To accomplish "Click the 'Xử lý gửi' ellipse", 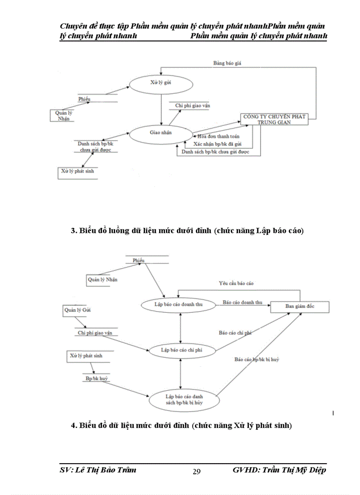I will click(161, 83).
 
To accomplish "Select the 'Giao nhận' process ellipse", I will click(161, 132).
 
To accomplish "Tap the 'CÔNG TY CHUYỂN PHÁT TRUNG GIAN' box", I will click(273, 119).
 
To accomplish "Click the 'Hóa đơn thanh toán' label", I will click(218, 136).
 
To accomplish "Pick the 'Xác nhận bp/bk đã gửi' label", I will click(218, 144).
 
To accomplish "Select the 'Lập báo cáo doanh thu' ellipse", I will click(178, 304).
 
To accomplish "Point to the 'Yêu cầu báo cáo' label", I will click(236, 283).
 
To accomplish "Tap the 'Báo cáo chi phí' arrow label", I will click(235, 333).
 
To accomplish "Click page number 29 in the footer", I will click(197, 472).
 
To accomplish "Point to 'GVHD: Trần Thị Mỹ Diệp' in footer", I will click(279, 470).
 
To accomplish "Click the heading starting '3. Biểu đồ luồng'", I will click(187, 231).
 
